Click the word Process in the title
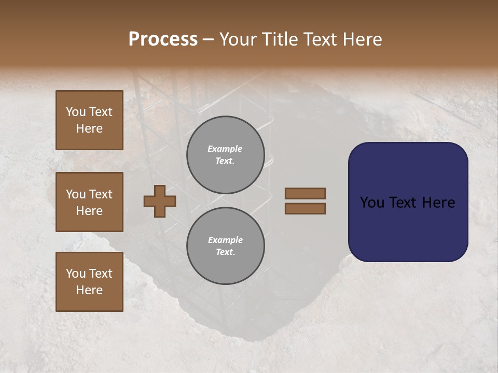[x=163, y=39]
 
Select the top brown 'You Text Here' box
[x=89, y=120]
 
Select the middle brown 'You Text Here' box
[x=89, y=202]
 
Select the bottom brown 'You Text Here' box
[x=89, y=282]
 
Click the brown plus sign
[x=160, y=201]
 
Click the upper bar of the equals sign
[x=306, y=193]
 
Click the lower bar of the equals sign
[x=306, y=208]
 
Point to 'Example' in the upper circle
[x=225, y=149]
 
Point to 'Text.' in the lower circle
[x=225, y=252]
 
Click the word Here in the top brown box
[x=89, y=128]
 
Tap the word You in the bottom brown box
[x=76, y=274]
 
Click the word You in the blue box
[x=372, y=203]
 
